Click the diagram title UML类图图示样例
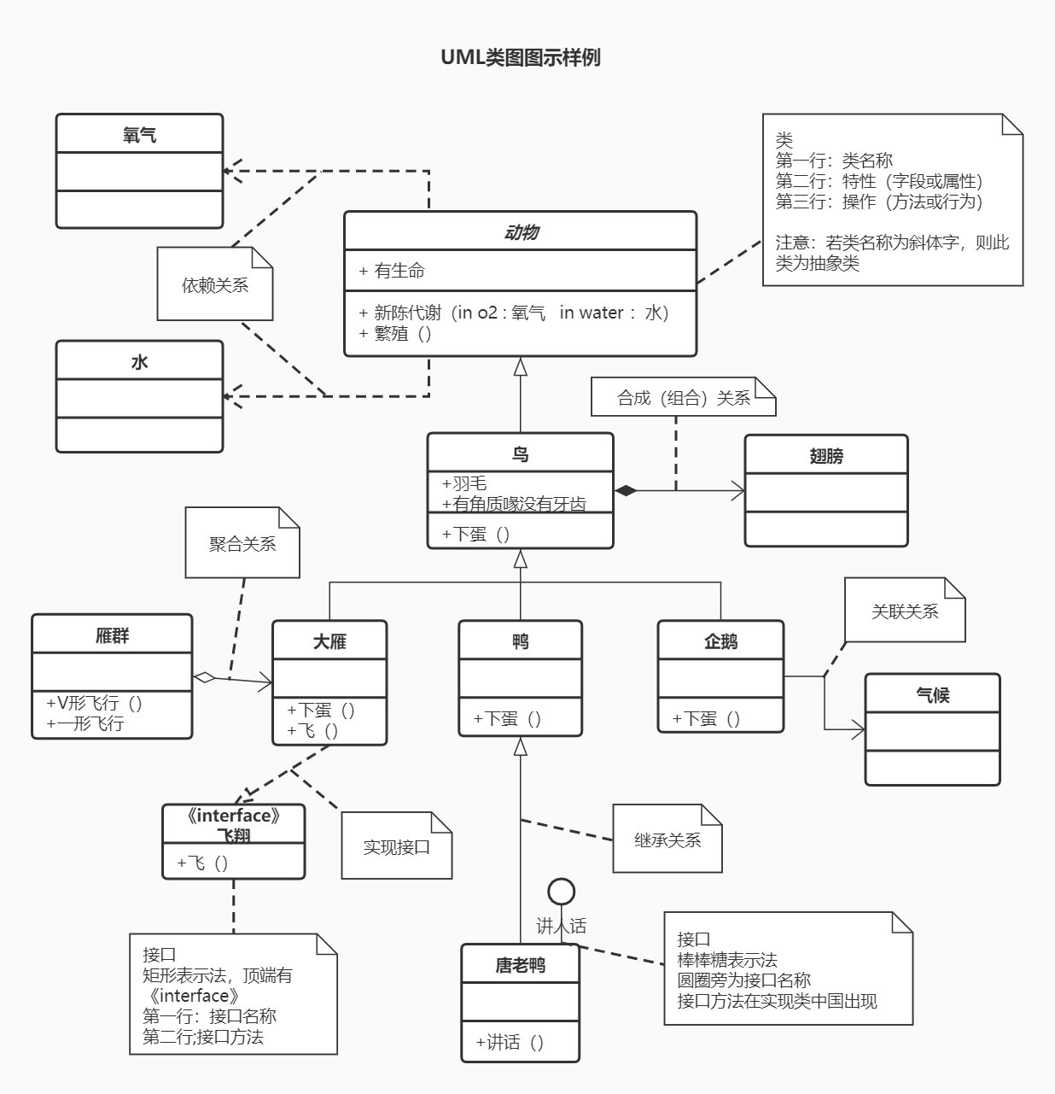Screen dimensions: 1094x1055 click(x=520, y=57)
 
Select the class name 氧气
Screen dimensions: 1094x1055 click(x=139, y=135)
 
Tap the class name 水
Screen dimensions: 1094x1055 click(x=139, y=362)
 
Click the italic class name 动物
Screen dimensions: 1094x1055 click(x=520, y=232)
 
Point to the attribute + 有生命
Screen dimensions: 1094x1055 click(x=392, y=271)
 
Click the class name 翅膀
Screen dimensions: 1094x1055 click(x=825, y=456)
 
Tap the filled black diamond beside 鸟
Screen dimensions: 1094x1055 click(x=626, y=490)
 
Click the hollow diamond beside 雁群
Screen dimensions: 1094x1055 click(x=204, y=677)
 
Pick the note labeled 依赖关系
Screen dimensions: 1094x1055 click(x=214, y=285)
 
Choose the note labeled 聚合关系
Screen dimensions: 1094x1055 click(x=242, y=544)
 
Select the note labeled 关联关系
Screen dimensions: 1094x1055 click(x=904, y=611)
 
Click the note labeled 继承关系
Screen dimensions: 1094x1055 click(x=667, y=840)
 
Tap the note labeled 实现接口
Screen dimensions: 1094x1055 click(x=396, y=847)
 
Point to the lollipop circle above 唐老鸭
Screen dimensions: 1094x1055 click(x=561, y=892)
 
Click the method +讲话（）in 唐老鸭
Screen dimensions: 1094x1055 click(x=510, y=1042)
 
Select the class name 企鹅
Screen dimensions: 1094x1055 click(x=720, y=641)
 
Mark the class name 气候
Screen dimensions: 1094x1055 click(x=932, y=695)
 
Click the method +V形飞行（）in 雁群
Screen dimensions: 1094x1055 click(x=95, y=703)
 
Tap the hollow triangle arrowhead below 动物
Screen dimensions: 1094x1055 click(x=520, y=367)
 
